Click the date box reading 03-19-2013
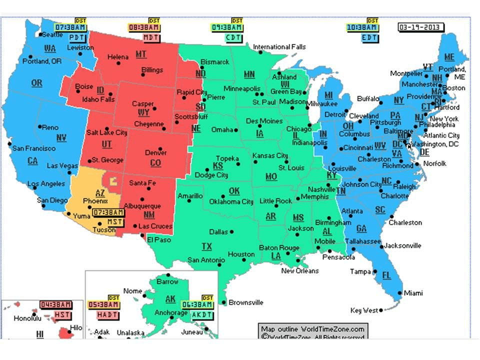[421, 27]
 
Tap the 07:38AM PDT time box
[70, 27]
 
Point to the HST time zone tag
[62, 314]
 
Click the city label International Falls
[279, 47]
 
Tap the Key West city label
[363, 310]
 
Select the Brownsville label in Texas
[246, 302]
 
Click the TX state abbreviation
[206, 246]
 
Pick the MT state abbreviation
[141, 54]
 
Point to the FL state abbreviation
[386, 275]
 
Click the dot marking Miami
[398, 293]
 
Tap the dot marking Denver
[159, 148]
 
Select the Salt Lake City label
[106, 132]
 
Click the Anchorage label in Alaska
[170, 313]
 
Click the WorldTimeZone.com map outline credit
[312, 329]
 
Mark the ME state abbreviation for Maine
[449, 57]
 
